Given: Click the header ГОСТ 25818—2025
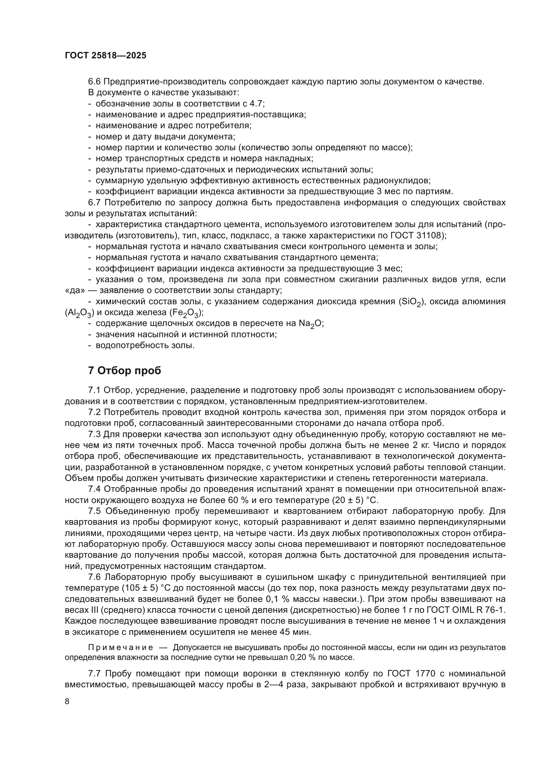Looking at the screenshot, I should point(105,55).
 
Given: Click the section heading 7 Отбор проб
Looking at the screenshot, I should point(125,371).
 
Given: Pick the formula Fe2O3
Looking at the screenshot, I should point(186,313).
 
